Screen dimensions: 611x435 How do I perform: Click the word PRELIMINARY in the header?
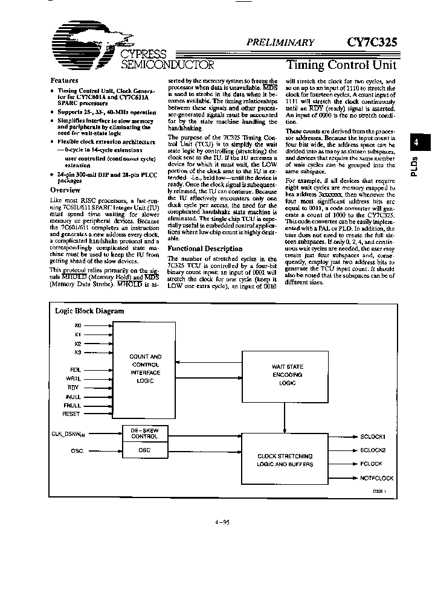(280, 43)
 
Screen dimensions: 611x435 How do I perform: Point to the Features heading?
(64, 80)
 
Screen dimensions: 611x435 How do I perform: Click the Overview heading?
(65, 190)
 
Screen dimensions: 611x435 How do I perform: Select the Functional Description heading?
(204, 249)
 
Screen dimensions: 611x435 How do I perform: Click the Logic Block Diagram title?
(89, 311)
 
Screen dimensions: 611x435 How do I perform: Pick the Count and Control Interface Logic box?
(146, 369)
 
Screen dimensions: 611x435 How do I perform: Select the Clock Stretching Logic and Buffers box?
(285, 459)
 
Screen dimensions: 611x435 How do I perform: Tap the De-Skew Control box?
(145, 433)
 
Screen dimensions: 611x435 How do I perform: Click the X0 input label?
(77, 325)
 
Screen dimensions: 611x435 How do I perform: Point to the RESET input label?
(71, 414)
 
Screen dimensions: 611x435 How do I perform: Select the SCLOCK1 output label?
(372, 436)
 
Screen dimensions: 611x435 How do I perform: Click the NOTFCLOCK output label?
(376, 478)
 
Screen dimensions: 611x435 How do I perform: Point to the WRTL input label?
(74, 378)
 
